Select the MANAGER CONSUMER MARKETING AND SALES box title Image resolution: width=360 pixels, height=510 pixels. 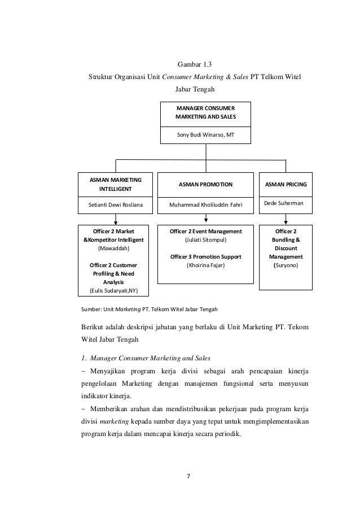coord(206,113)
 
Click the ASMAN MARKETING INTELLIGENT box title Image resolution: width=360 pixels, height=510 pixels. coord(116,184)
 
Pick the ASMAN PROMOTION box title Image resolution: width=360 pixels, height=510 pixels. coord(205,184)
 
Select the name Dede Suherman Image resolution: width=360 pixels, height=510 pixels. coord(283,202)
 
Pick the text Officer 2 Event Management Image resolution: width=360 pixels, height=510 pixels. coord(206,232)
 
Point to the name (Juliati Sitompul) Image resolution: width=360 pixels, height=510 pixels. coord(206,240)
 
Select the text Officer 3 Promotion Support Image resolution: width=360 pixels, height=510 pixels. coord(206,257)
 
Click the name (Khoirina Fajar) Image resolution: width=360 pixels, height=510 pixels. coord(206,265)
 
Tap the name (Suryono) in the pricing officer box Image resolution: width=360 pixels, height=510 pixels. coord(286,265)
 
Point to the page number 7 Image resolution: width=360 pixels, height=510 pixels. coord(189,475)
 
